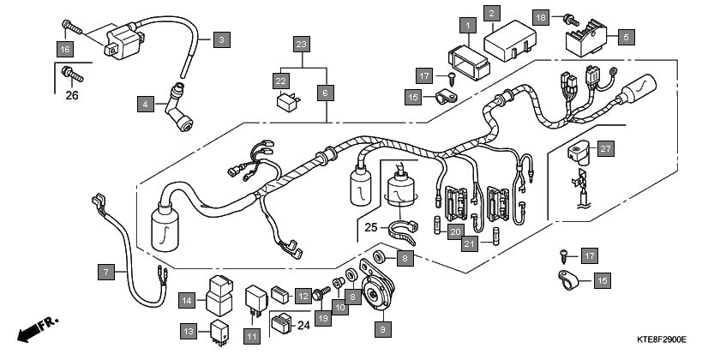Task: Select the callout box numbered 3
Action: coord(221,39)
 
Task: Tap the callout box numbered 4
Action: coord(146,105)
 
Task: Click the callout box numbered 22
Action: coord(281,79)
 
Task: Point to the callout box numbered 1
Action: coord(467,26)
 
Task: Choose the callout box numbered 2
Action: coord(492,13)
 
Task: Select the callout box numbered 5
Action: coord(625,38)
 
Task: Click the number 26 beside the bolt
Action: coord(72,95)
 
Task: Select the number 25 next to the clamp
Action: coord(369,227)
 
